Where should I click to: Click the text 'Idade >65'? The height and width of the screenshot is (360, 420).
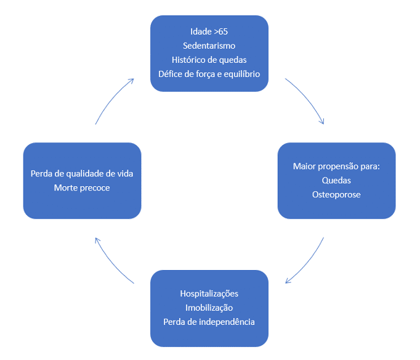pos(209,31)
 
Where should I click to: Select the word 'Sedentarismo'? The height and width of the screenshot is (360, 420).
pos(209,46)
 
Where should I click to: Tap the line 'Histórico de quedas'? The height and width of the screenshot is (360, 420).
pos(209,60)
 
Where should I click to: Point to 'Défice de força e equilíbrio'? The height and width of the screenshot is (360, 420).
pos(209,74)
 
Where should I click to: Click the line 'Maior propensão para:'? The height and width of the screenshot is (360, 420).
pos(336,166)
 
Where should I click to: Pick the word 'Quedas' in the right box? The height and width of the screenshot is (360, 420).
pos(336,181)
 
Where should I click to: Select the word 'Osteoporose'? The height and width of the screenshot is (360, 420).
pos(336,195)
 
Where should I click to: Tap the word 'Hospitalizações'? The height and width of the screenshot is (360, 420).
pos(209,293)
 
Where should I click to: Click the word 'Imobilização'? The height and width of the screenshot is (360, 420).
pos(209,308)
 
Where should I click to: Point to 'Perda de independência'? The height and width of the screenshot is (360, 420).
pos(209,322)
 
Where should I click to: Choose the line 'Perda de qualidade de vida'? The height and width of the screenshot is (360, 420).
pos(82,174)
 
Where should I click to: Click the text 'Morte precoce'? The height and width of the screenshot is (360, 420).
pos(82,187)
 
